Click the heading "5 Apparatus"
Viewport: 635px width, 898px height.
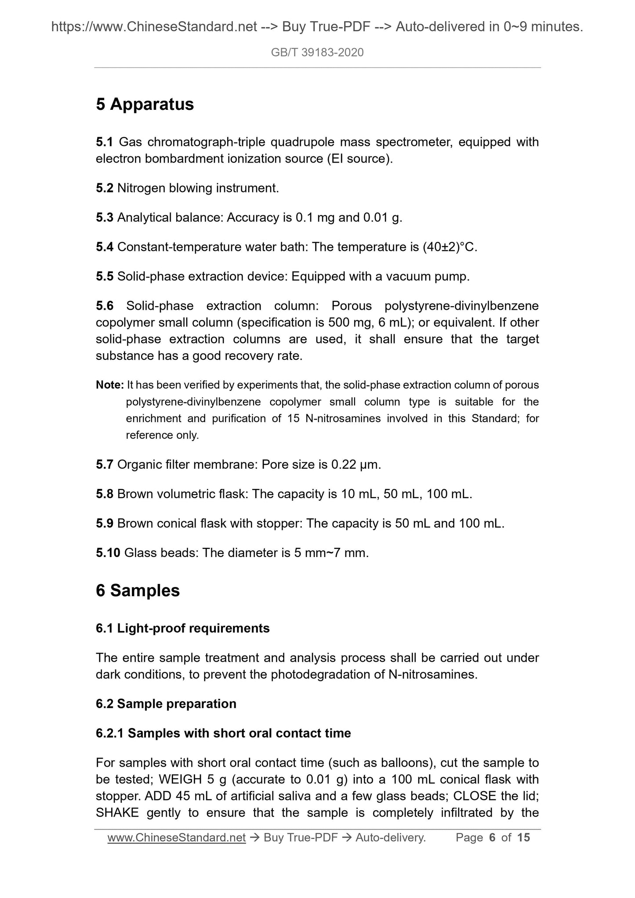pos(145,105)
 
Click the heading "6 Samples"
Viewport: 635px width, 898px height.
pos(138,590)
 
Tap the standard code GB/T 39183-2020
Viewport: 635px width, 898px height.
pos(317,53)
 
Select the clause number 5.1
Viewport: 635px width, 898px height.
pos(105,142)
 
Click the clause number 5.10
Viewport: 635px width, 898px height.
pos(108,553)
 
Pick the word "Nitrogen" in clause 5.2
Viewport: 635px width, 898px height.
pos(141,188)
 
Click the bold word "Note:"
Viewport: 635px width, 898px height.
pos(110,385)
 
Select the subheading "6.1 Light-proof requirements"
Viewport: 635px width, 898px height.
pos(182,628)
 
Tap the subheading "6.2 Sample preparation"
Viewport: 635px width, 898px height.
pos(166,703)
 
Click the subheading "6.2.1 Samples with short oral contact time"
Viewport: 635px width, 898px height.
pos(223,733)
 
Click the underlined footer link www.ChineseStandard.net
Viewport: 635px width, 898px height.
pos(176,838)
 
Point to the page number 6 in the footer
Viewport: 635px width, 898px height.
pos(492,838)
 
